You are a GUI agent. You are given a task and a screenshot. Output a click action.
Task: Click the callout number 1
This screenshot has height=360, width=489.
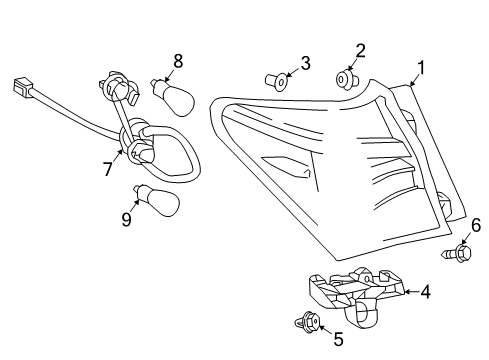coord(421,68)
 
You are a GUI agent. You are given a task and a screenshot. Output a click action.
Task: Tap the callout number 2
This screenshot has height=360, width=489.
coord(361,50)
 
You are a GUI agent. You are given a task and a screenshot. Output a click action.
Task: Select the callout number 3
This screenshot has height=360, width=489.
coord(306,64)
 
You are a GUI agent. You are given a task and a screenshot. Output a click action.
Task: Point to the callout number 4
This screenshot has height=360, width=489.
coord(425,292)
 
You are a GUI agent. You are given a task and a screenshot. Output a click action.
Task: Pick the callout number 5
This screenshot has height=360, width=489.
coord(338,339)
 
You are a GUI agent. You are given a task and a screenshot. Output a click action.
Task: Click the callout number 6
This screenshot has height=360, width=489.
coord(476,225)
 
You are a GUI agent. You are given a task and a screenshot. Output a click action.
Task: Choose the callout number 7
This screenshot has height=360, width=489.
coord(107,170)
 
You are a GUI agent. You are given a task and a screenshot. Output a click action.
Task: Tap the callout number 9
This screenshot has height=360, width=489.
coord(127,219)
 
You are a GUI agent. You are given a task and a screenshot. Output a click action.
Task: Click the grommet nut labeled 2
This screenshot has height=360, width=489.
coord(344,77)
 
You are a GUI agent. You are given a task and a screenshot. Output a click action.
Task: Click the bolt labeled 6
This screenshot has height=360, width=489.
coord(462,255)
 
